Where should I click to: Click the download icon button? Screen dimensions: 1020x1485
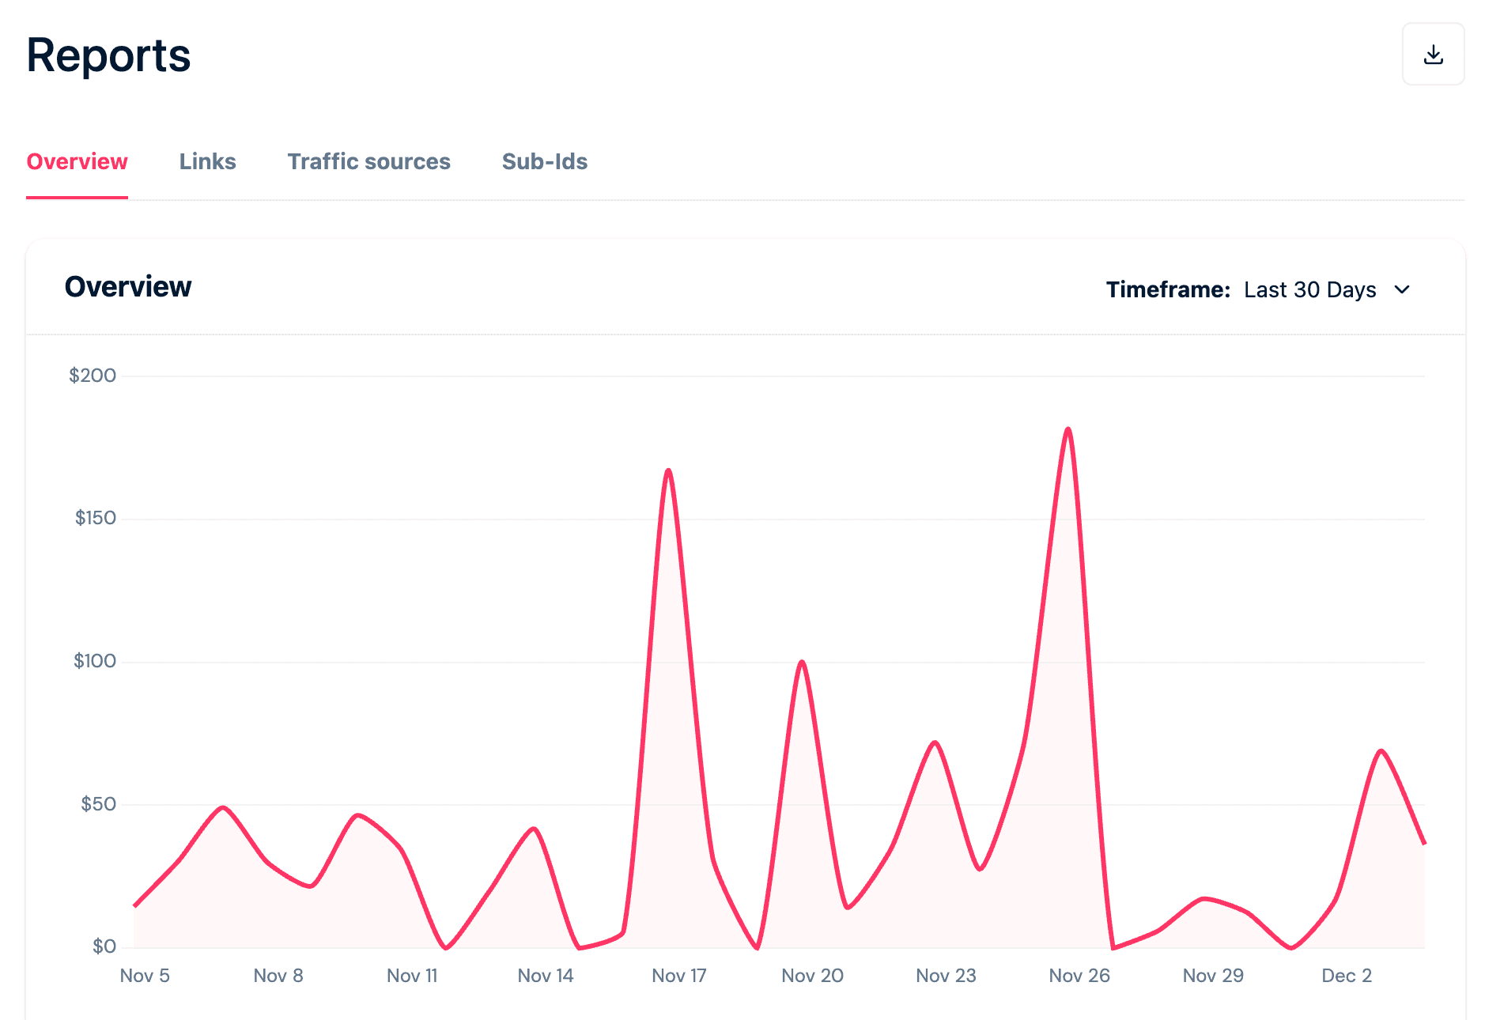click(1433, 55)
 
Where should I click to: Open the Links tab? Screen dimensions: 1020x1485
click(207, 161)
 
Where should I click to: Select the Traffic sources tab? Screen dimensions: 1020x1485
click(368, 161)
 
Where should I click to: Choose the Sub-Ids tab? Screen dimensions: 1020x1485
click(544, 161)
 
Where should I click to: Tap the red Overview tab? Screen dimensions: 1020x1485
click(77, 161)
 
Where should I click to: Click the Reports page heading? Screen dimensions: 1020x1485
click(108, 55)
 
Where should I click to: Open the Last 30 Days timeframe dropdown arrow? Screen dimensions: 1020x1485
click(1402, 289)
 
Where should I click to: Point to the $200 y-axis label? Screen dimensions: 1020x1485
click(93, 376)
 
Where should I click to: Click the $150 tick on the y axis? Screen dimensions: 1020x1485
click(95, 518)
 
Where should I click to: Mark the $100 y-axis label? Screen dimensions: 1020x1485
click(95, 661)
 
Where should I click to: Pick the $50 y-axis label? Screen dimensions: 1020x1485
click(98, 804)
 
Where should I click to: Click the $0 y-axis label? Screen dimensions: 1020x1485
click(104, 946)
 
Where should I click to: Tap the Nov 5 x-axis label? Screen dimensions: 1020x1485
click(145, 976)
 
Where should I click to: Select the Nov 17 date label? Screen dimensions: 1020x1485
click(678, 976)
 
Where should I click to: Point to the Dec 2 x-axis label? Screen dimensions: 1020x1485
click(1347, 976)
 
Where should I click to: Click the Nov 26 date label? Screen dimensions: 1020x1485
click(1079, 976)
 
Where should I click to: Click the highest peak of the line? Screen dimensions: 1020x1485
click(1068, 429)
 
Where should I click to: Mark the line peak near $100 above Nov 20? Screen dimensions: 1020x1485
click(802, 662)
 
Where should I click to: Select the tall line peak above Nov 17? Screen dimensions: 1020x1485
click(668, 470)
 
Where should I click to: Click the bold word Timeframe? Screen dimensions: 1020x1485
click(1168, 289)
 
